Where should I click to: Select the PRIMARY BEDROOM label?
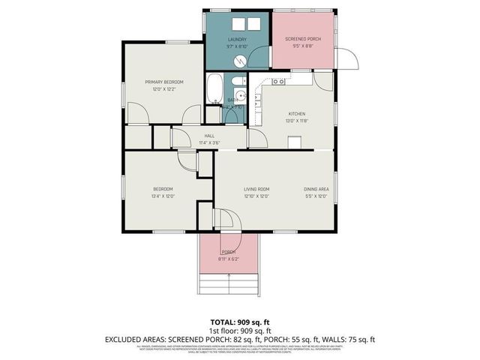coord(164,82)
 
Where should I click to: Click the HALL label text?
coord(199,136)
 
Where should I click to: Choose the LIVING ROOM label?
coord(256,189)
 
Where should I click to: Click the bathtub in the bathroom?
coord(214,89)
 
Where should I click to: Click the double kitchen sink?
coord(278,81)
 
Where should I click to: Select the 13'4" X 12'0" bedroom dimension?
coord(163,196)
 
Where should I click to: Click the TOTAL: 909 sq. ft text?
coord(240,321)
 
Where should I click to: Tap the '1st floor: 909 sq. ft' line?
coord(240,330)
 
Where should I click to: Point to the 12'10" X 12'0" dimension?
coord(256,196)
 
